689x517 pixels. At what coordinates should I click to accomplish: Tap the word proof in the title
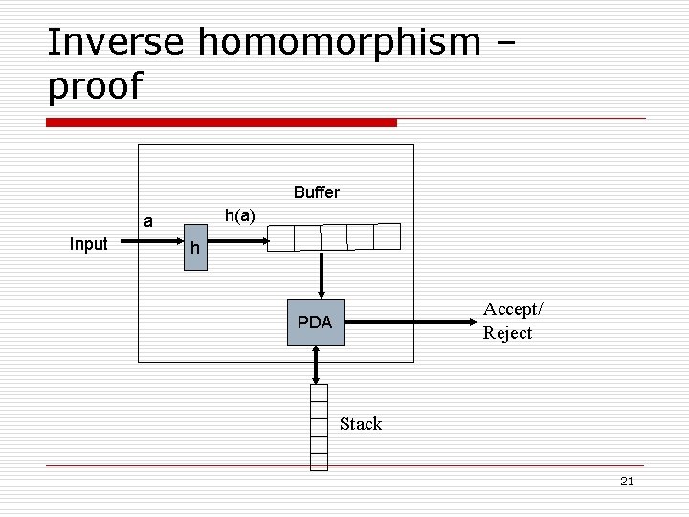(x=94, y=86)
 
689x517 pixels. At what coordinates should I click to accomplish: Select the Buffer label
(x=317, y=192)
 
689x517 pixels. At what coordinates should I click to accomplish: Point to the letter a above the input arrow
(x=148, y=222)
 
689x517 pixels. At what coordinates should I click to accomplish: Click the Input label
(x=88, y=244)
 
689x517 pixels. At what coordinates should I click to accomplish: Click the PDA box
(x=314, y=323)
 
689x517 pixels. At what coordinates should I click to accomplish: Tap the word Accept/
(x=513, y=309)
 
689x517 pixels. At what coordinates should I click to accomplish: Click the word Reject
(x=507, y=333)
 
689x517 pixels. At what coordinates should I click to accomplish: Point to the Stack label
(x=361, y=424)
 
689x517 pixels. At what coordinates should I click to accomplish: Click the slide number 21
(x=627, y=481)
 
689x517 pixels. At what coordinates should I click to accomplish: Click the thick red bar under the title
(x=221, y=123)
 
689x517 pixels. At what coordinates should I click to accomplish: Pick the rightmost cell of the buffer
(x=388, y=236)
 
